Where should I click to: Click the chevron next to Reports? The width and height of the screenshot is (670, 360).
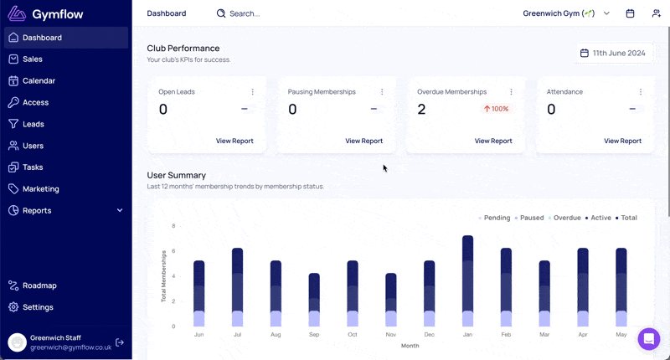tap(120, 210)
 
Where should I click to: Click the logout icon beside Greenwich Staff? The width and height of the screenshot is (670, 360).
tap(120, 342)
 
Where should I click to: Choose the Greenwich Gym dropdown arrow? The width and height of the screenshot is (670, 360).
tap(606, 13)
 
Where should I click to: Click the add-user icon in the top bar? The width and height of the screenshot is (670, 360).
tap(656, 13)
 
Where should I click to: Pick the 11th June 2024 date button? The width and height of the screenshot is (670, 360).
tap(613, 53)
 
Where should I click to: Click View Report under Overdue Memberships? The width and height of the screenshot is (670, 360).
tap(493, 141)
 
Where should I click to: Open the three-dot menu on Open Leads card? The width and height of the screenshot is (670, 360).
tap(253, 92)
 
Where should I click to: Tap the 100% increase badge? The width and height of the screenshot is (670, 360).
tap(496, 109)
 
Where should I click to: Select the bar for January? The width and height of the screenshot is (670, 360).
tap(467, 281)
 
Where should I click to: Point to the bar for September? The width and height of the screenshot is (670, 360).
tap(314, 300)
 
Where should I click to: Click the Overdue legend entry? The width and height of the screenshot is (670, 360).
tap(564, 218)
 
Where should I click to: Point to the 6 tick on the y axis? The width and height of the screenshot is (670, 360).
tap(173, 251)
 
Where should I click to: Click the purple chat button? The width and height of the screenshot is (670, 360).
tap(648, 338)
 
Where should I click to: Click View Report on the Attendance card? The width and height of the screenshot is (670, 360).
tap(622, 141)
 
